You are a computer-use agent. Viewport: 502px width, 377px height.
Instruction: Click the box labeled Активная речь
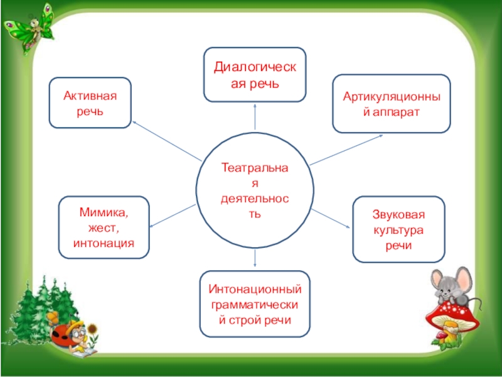click(90, 103)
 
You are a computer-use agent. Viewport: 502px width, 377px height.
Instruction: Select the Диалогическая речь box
click(255, 74)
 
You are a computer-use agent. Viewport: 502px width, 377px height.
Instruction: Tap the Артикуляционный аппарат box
click(391, 103)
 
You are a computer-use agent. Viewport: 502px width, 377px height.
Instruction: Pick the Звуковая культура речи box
click(398, 229)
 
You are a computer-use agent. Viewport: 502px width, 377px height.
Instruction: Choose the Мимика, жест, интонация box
click(104, 227)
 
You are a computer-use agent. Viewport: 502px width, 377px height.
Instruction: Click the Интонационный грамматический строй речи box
click(255, 304)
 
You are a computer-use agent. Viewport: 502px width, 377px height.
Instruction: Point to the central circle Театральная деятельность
click(254, 189)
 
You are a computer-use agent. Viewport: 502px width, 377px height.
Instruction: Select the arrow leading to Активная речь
click(166, 141)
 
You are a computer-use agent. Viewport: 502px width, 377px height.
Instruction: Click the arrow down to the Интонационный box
click(255, 258)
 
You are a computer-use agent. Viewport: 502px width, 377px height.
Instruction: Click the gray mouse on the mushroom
click(452, 286)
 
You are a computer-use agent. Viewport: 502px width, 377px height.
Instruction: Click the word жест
click(104, 227)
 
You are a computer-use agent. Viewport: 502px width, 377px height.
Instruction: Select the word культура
click(398, 229)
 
